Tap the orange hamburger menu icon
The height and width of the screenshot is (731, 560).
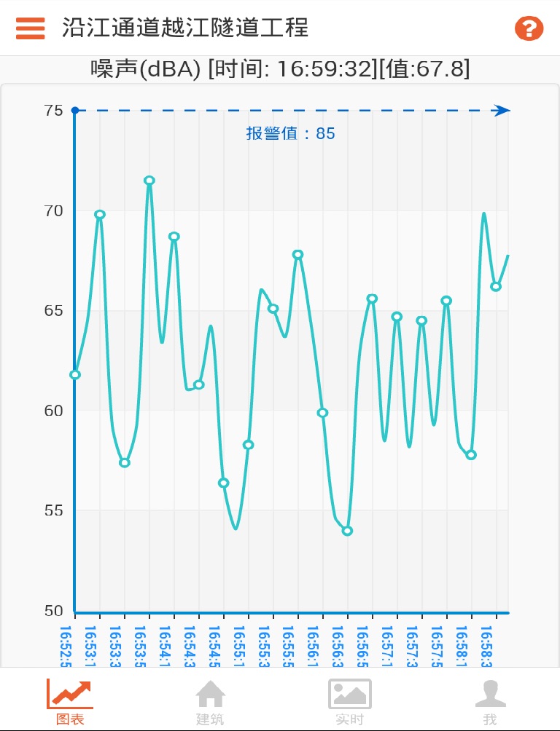tap(31, 28)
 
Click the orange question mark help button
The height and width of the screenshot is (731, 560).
tap(529, 28)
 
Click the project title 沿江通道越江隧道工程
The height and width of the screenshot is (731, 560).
tap(185, 28)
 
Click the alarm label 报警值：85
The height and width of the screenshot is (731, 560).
tap(290, 134)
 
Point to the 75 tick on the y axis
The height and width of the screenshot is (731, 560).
tap(53, 111)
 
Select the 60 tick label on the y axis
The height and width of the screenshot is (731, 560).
tap(53, 411)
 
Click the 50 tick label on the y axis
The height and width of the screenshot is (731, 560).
tap(53, 611)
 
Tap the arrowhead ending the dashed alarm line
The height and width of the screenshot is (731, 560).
tap(501, 111)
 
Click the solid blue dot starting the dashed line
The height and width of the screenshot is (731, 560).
tap(74, 111)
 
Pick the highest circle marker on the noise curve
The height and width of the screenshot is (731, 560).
tap(149, 181)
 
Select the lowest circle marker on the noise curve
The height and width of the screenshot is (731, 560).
tap(347, 531)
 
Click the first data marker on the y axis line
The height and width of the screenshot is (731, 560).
tap(75, 375)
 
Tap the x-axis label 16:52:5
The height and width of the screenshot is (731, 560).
tap(66, 645)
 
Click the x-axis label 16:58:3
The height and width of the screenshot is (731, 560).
tap(486, 645)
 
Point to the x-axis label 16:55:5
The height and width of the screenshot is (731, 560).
tap(288, 645)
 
